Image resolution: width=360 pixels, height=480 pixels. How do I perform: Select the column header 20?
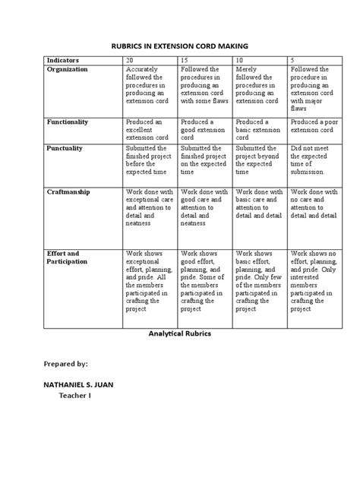(x=129, y=59)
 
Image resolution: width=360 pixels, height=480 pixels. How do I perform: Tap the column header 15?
(x=184, y=59)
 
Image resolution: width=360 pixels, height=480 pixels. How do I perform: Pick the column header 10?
(x=240, y=59)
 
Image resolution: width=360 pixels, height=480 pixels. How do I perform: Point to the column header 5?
(x=292, y=59)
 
